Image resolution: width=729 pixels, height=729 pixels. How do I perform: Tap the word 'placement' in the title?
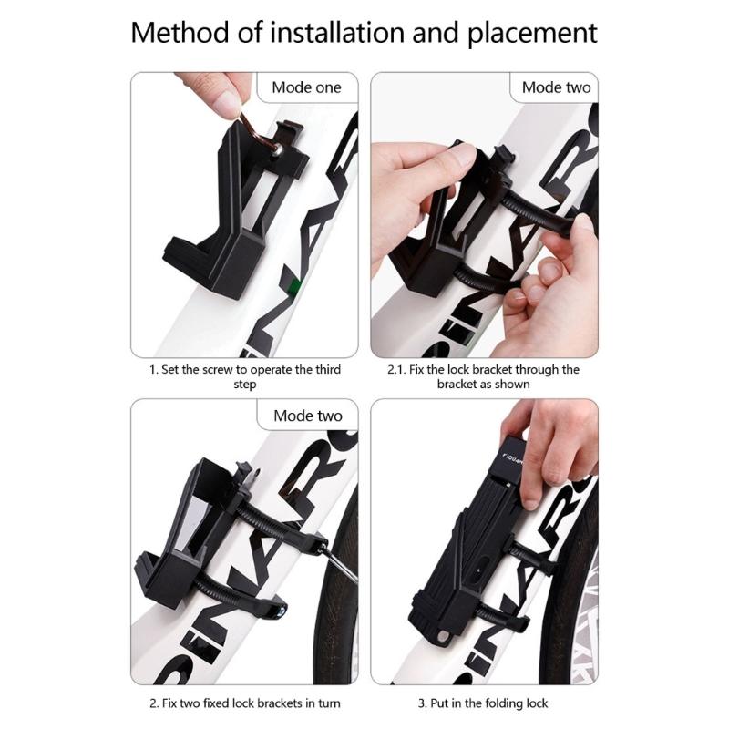(x=532, y=34)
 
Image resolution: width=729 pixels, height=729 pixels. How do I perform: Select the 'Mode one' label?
(x=306, y=87)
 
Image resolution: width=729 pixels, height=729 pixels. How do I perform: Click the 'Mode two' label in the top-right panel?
(x=556, y=87)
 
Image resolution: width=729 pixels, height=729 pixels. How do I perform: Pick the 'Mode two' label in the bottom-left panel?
(x=308, y=416)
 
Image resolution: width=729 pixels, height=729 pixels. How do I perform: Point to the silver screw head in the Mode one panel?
(x=278, y=149)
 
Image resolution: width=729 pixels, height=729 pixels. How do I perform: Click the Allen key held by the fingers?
(x=257, y=131)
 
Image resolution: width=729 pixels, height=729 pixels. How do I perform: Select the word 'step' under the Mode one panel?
(x=244, y=385)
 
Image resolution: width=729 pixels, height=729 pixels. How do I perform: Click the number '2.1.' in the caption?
(x=396, y=370)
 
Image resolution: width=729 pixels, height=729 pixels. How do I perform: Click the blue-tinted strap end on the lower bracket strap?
(x=281, y=611)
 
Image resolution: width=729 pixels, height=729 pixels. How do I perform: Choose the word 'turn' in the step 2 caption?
(x=328, y=703)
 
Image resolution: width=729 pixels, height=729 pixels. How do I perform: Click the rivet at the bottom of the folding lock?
(x=443, y=636)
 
